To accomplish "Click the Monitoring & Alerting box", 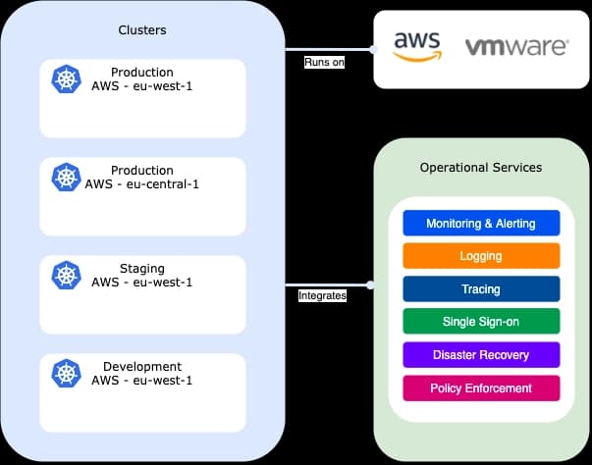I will pos(481,223).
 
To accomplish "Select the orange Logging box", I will pos(481,256).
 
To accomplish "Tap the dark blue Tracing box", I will pos(481,289).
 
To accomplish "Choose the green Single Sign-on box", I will pos(481,322).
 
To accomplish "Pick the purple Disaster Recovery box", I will pos(481,354).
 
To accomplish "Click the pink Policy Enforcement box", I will pos(481,387).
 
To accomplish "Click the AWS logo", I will pos(416,46).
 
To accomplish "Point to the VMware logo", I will pos(516,46).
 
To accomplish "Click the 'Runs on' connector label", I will pos(324,63).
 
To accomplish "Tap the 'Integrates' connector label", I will pos(322,295).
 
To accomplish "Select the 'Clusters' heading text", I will pos(142,29).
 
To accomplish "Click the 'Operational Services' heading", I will pos(481,168).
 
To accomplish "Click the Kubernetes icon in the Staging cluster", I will pos(66,276).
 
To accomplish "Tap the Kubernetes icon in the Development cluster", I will pos(66,374).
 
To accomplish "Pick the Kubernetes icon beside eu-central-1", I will pos(66,178).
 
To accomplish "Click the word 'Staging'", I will pos(142,268).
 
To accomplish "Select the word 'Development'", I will pos(142,366).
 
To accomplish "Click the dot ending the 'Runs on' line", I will pos(373,49).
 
